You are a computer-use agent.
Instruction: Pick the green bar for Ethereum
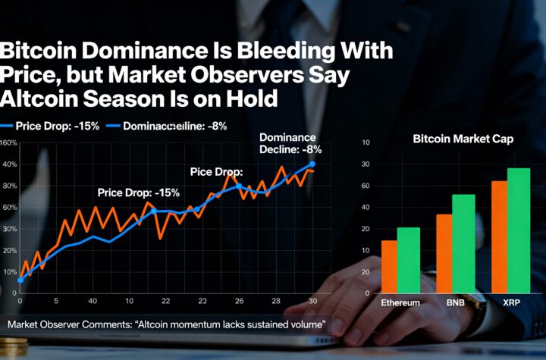coord(408,258)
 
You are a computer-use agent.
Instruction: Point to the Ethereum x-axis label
coord(400,302)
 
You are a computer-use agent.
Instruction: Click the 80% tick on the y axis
coord(9,186)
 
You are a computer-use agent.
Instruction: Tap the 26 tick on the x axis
coord(238,301)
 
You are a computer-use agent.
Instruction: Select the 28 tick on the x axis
coord(275,301)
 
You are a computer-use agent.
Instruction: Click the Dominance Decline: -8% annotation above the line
coord(287,143)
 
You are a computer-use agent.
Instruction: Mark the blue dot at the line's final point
coord(312,164)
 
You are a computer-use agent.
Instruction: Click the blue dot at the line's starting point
coord(20,280)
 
